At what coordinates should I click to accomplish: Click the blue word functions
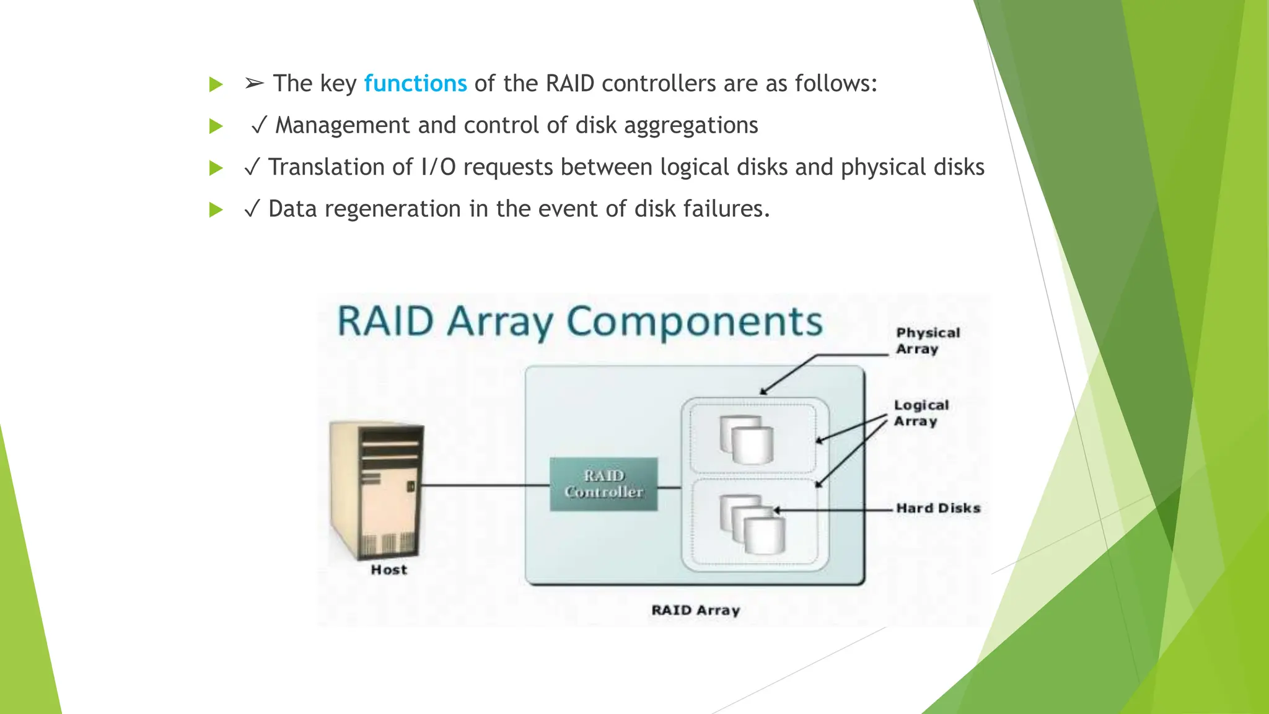(415, 84)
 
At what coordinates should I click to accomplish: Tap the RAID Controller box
(604, 484)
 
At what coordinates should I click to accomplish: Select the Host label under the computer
(389, 570)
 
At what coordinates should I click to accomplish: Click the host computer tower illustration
(377, 490)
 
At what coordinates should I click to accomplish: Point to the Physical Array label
(927, 341)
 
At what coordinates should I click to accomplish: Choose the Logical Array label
(921, 413)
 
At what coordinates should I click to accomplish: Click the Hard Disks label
(938, 508)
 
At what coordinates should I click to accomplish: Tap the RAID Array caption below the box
(695, 610)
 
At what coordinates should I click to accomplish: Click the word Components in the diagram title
(694, 322)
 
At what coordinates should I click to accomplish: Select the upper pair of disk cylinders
(747, 440)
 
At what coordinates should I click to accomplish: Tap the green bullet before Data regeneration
(216, 209)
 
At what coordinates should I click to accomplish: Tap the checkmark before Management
(259, 126)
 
